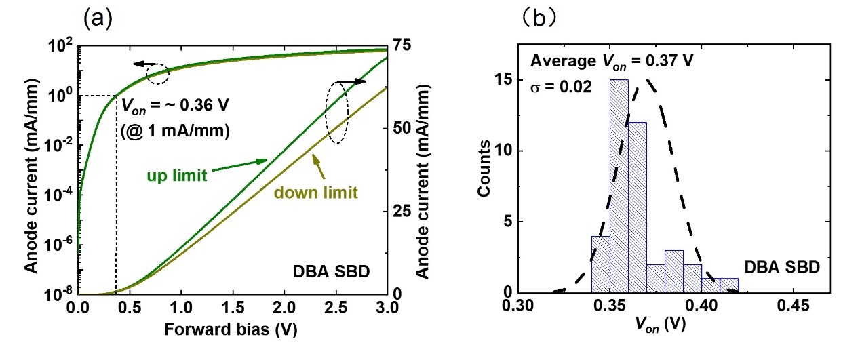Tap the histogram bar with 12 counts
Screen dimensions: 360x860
637,207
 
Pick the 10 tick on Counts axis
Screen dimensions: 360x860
509,151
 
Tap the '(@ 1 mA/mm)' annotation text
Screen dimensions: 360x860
175,130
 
